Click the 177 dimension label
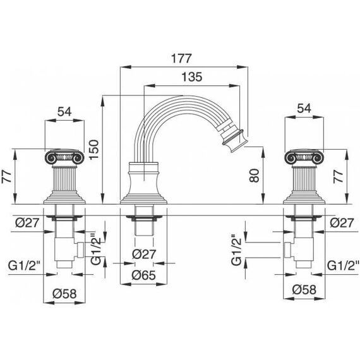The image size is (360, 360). click(x=181, y=59)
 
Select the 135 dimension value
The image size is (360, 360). click(x=192, y=77)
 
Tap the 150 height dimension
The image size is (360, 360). click(x=93, y=150)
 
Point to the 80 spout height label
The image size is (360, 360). click(x=255, y=176)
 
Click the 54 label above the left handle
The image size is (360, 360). click(x=64, y=112)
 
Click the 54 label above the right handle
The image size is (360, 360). click(x=304, y=109)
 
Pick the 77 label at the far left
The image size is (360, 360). click(x=7, y=176)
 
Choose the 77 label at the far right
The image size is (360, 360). click(x=339, y=176)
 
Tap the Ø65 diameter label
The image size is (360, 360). click(x=144, y=275)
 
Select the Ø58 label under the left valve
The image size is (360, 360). click(x=64, y=294)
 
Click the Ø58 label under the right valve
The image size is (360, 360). click(x=304, y=290)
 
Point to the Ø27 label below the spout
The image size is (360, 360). click(x=144, y=254)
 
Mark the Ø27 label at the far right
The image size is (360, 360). click(x=342, y=223)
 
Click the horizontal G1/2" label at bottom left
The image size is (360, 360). click(x=24, y=266)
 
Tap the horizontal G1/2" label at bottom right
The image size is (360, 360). click(x=343, y=266)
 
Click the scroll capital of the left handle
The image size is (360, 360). click(x=64, y=157)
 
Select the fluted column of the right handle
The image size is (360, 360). click(x=304, y=179)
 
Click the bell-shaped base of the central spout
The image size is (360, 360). click(x=144, y=183)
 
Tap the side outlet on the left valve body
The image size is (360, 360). click(x=80, y=249)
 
